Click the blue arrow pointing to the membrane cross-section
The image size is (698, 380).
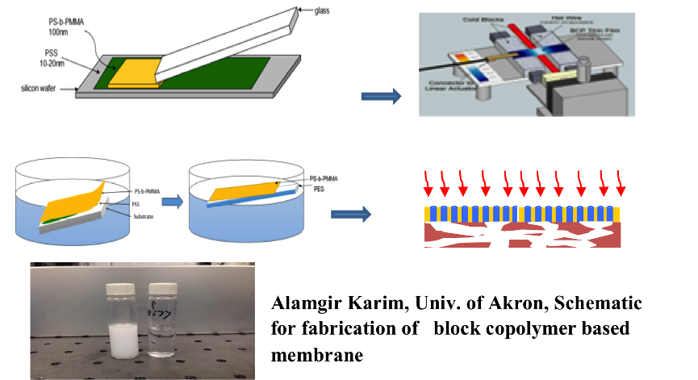tap(352, 214)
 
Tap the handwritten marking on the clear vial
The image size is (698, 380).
tap(160, 310)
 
